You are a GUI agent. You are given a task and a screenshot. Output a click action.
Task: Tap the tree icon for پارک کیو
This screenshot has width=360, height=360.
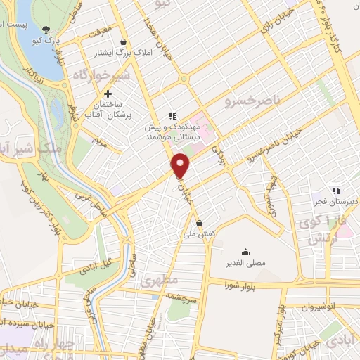[46, 30]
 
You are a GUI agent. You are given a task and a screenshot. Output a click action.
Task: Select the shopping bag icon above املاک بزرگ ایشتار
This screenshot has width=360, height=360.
[124, 41]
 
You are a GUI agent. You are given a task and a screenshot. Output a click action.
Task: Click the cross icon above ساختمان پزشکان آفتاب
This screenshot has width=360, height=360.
[107, 94]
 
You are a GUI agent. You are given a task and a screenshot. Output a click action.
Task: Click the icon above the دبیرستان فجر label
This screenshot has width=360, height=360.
[336, 189]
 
